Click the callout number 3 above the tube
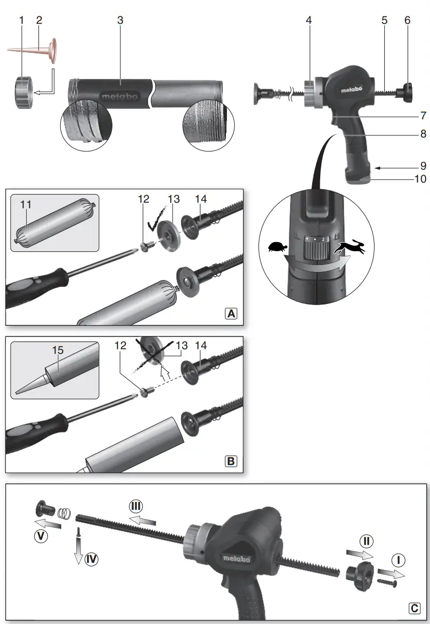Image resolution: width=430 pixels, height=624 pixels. click(120, 20)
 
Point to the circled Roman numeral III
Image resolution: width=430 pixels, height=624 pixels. click(136, 506)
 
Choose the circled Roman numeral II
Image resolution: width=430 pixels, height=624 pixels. click(366, 541)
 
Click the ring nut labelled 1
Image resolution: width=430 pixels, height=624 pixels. click(22, 92)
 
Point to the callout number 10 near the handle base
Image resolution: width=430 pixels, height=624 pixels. click(420, 179)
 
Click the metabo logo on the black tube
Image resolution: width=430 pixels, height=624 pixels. click(118, 96)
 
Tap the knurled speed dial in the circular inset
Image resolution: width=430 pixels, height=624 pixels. click(314, 248)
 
